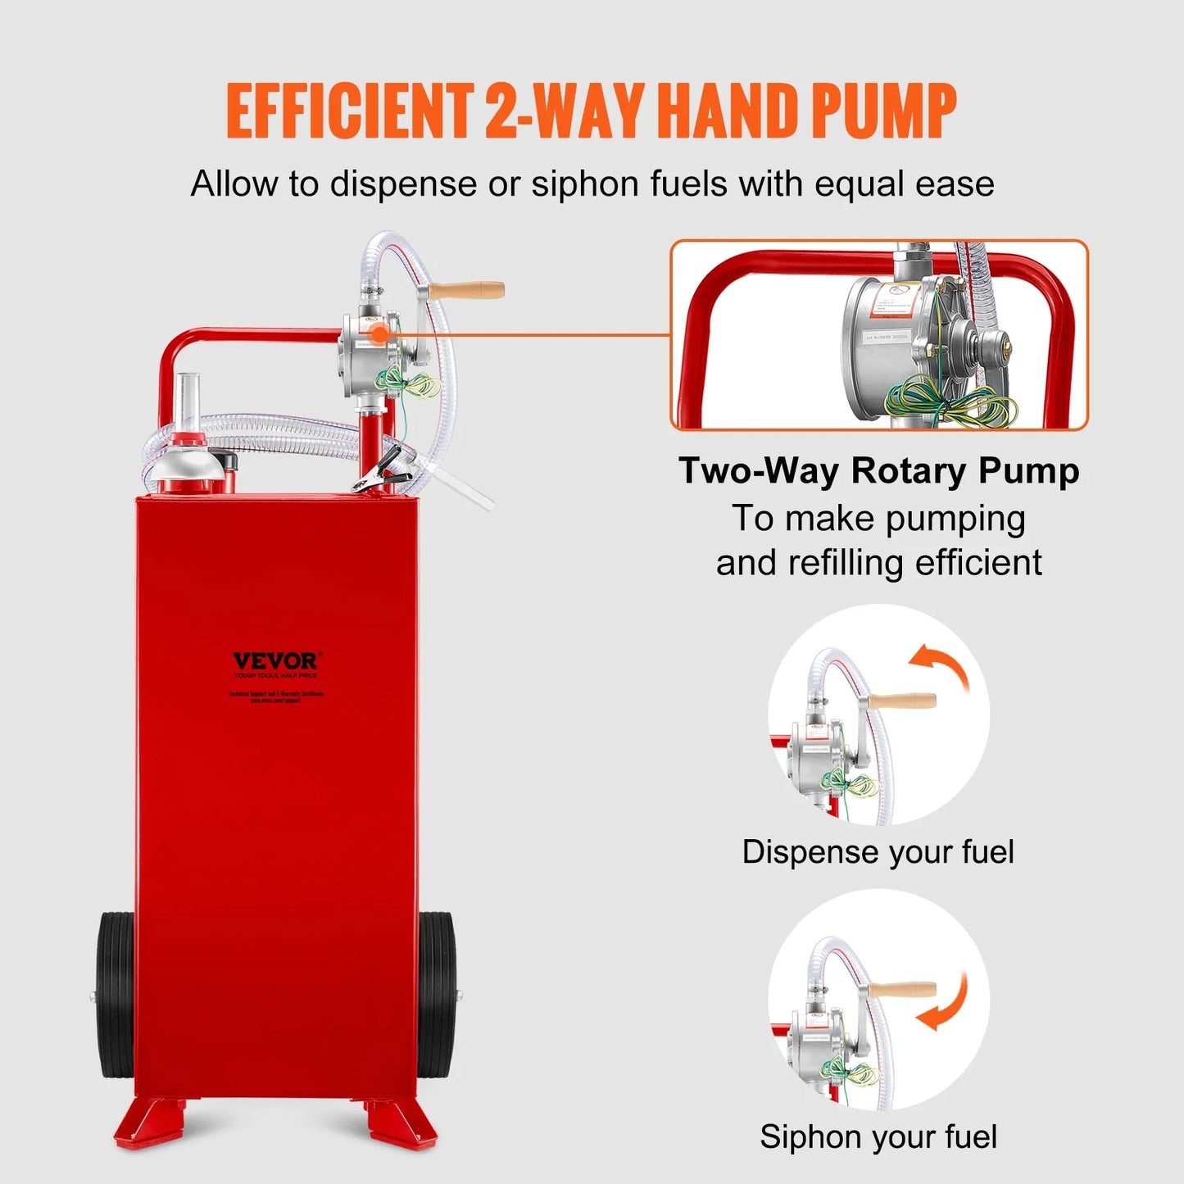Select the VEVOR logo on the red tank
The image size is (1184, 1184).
pos(276,660)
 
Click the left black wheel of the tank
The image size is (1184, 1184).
pos(115,995)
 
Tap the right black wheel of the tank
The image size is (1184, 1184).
pos(437,995)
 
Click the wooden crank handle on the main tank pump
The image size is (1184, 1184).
pos(467,289)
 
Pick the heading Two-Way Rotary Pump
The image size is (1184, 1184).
pos(878,471)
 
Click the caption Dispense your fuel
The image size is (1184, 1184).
pos(878,852)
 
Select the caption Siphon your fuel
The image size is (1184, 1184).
pos(878,1137)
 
